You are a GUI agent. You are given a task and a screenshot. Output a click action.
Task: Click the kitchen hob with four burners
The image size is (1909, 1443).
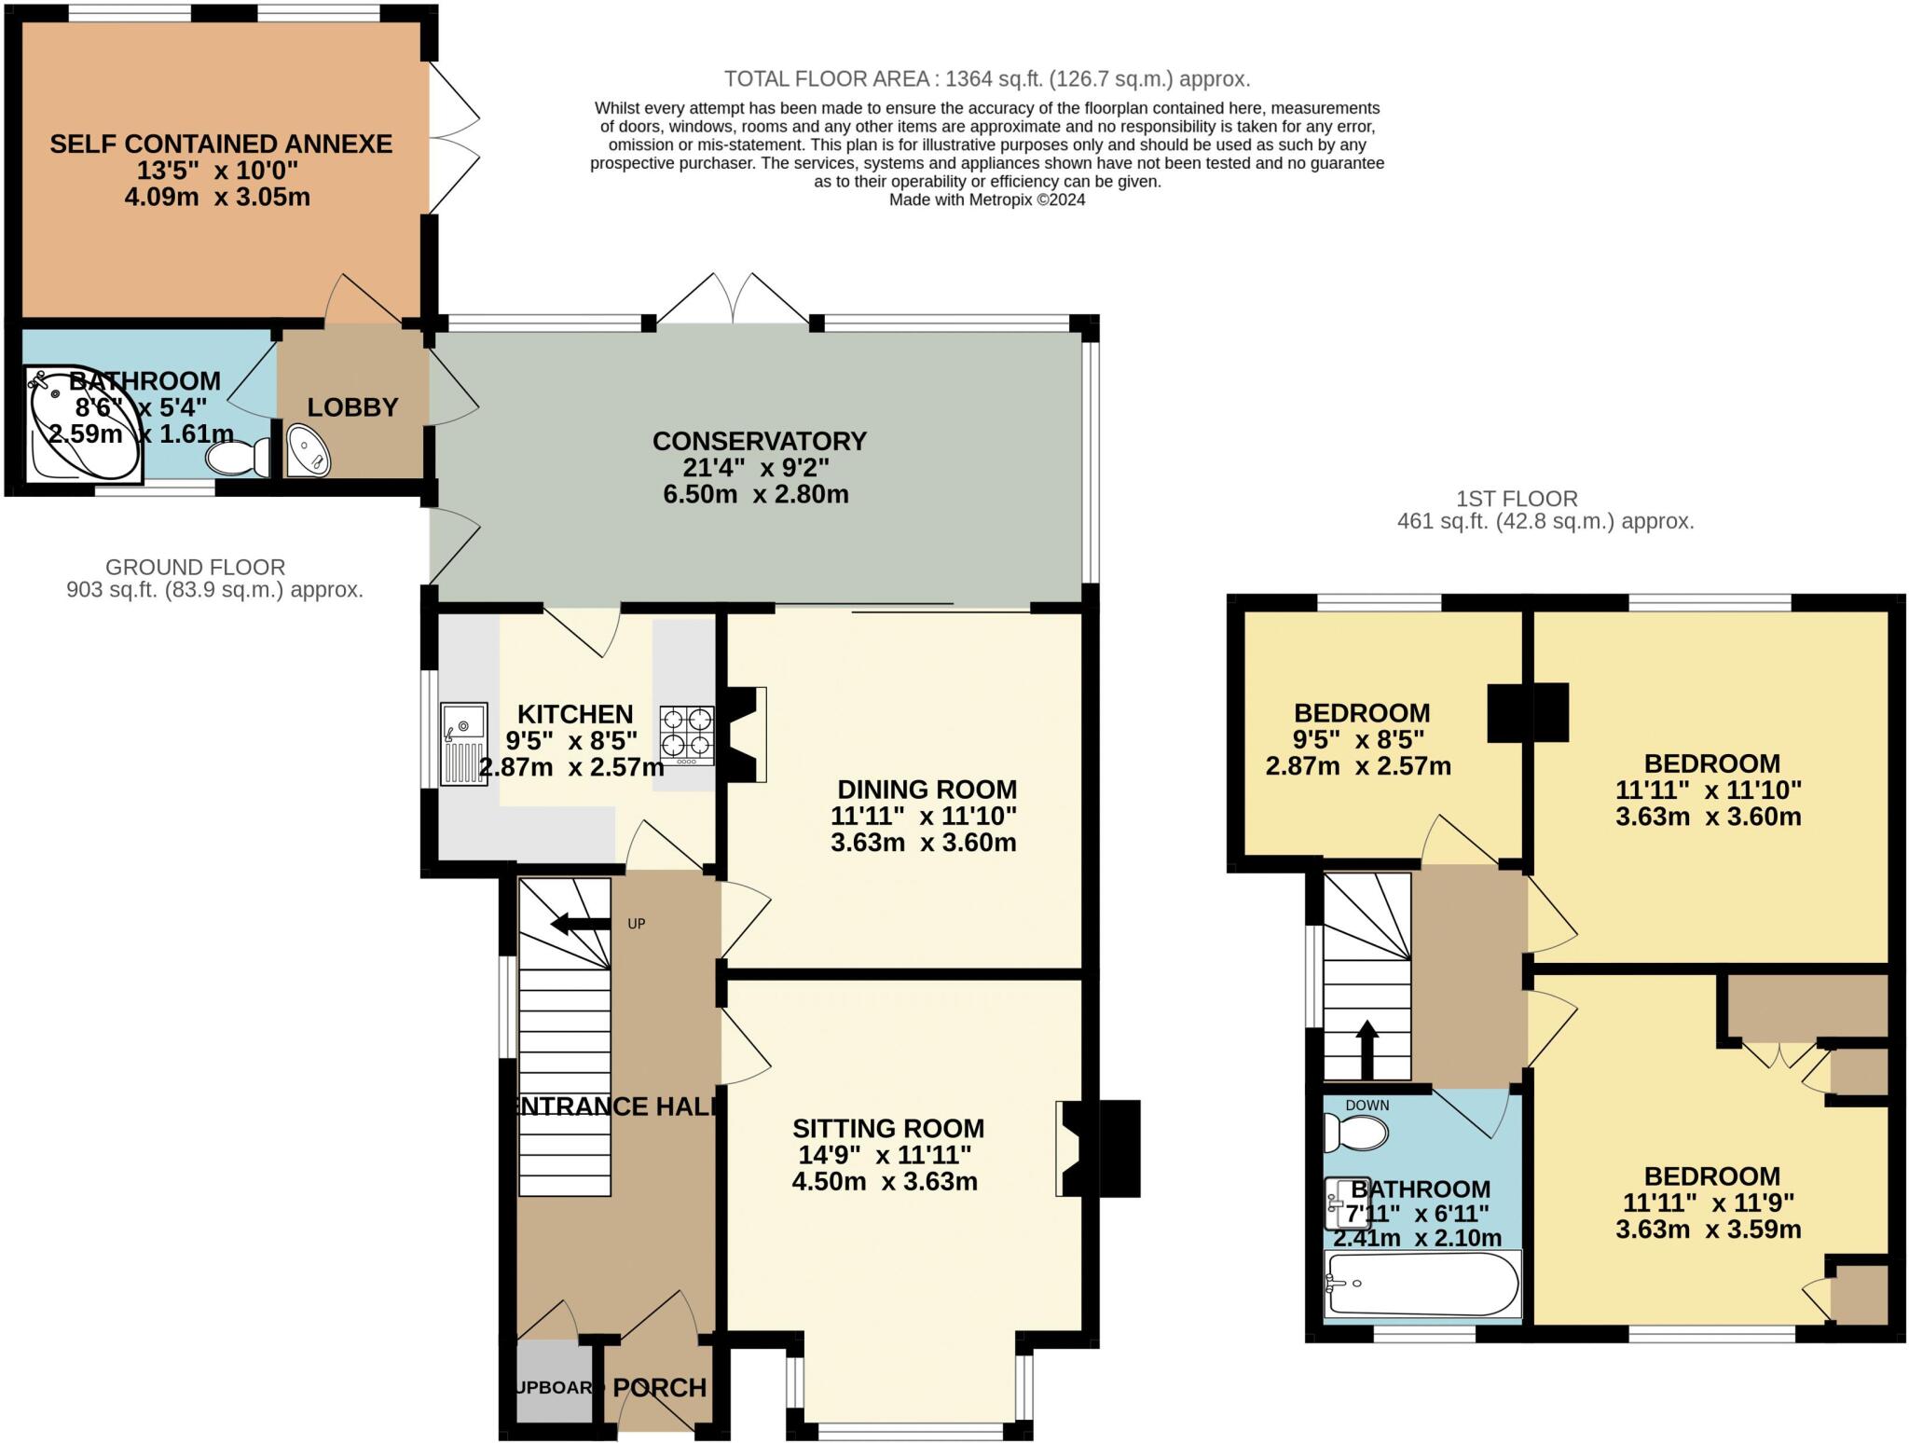[x=687, y=736]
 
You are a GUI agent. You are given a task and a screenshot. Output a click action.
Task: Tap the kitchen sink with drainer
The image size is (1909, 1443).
[x=463, y=743]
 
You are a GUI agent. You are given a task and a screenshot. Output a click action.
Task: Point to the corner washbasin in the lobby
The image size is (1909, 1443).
[x=308, y=451]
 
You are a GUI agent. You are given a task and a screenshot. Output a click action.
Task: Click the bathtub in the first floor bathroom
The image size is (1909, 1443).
[x=1421, y=1285]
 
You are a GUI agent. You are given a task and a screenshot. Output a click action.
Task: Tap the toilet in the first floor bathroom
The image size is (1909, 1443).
[x=1355, y=1133]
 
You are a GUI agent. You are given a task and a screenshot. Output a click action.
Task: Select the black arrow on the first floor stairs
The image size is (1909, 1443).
[x=1367, y=1049]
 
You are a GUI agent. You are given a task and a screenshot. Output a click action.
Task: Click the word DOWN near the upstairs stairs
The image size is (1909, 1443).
[x=1367, y=1106]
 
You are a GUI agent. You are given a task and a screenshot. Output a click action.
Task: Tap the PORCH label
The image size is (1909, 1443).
[x=659, y=1387]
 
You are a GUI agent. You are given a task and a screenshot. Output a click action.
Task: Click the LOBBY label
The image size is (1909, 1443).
[x=352, y=407]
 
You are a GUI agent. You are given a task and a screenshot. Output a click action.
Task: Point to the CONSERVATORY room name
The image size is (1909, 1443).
[x=759, y=440]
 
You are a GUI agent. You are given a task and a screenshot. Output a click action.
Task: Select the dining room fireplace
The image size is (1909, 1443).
[x=746, y=734]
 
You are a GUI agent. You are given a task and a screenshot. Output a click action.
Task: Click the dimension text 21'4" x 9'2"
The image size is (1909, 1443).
[x=755, y=467]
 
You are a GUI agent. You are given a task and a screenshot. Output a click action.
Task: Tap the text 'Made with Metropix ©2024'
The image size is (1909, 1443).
[x=986, y=199]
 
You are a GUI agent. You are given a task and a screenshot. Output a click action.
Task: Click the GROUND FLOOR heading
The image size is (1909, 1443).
[x=195, y=567]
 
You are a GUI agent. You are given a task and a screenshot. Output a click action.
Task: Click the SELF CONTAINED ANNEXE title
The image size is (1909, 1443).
[x=221, y=144]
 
